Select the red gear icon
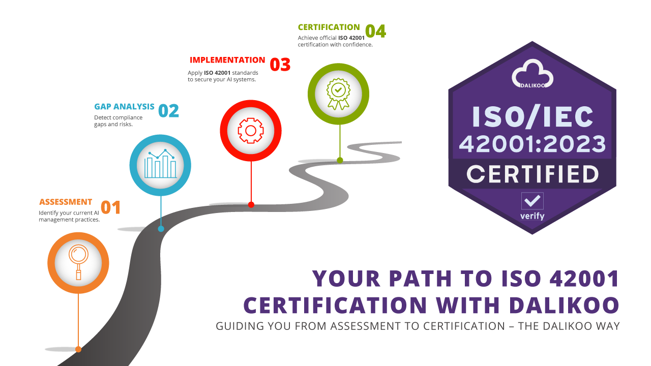click(251, 131)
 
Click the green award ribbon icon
click(338, 94)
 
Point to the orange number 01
click(110, 207)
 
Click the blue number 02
click(168, 111)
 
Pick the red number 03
click(280, 65)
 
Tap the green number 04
click(375, 31)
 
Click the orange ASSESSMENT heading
click(66, 202)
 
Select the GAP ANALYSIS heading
click(124, 107)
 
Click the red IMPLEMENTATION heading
click(227, 60)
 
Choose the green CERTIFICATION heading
click(329, 27)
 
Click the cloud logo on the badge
click(532, 74)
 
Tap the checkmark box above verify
click(532, 201)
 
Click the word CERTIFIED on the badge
click(532, 174)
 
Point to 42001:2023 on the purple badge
click(532, 143)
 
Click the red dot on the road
click(251, 205)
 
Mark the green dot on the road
click(340, 160)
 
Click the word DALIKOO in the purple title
click(564, 305)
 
